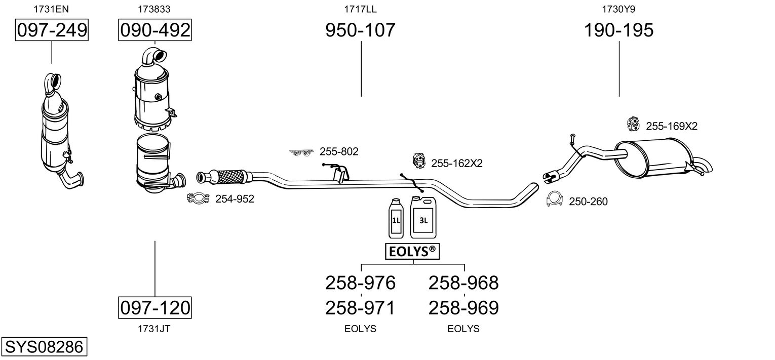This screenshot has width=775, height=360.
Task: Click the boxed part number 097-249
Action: pyautogui.click(x=52, y=30)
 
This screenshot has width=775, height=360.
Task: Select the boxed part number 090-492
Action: pyautogui.click(x=154, y=30)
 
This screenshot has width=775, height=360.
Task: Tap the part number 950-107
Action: pyautogui.click(x=360, y=30)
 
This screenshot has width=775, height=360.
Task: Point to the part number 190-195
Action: pyautogui.click(x=618, y=30)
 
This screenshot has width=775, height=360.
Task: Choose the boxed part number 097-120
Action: pyautogui.click(x=154, y=307)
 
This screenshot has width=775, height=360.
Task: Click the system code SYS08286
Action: pyautogui.click(x=44, y=347)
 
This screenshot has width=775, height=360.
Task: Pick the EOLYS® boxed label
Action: pyautogui.click(x=412, y=251)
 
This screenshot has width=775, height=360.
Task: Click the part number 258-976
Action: pyautogui.click(x=360, y=283)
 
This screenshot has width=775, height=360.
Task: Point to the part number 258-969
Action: pyautogui.click(x=463, y=307)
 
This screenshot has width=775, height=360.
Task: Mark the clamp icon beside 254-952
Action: pyautogui.click(x=198, y=199)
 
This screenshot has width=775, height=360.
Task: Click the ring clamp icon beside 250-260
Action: pyautogui.click(x=555, y=200)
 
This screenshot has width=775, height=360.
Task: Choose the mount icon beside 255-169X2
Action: pyautogui.click(x=633, y=124)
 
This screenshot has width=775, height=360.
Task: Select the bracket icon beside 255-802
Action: pyautogui.click(x=302, y=152)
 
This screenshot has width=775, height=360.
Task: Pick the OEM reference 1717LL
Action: pyautogui.click(x=360, y=9)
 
